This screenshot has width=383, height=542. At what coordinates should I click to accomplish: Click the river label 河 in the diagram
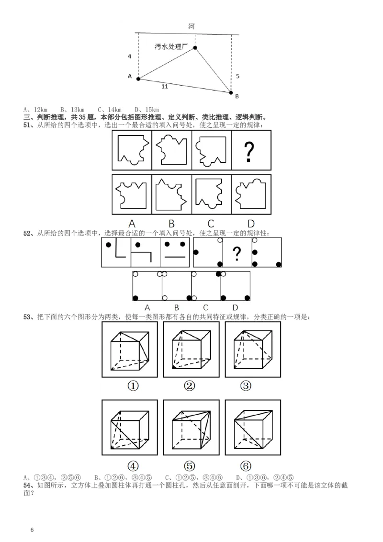click(x=191, y=26)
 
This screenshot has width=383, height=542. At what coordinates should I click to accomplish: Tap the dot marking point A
click(x=138, y=79)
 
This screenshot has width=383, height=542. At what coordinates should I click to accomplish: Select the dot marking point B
click(x=231, y=92)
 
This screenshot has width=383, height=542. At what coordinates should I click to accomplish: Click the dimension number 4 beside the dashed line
click(x=129, y=56)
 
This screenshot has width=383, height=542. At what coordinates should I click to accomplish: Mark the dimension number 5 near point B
click(x=238, y=76)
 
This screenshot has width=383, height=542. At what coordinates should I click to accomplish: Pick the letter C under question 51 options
click(x=211, y=223)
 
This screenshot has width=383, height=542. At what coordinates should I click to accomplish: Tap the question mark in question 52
click(x=236, y=253)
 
